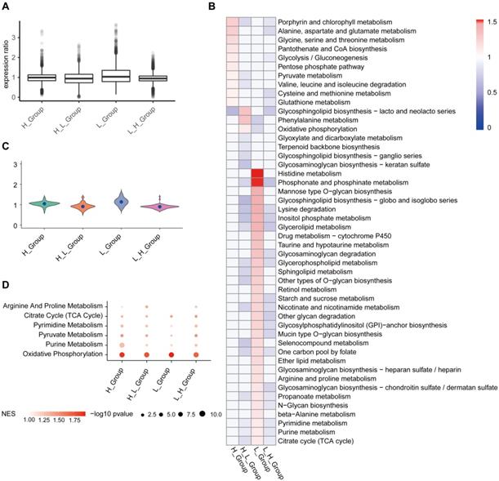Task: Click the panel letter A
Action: pos(7,7)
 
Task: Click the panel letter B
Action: pos(212,7)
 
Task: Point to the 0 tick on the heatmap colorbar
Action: pos(480,127)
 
